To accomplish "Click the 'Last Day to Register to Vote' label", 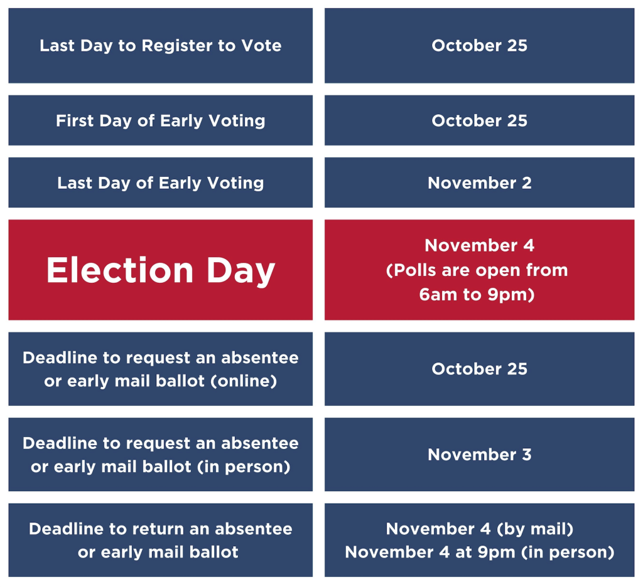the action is (x=160, y=46).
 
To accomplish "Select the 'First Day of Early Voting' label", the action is (x=160, y=121).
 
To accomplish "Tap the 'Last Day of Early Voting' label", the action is (x=160, y=183).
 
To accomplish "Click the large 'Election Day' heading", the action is (x=160, y=271).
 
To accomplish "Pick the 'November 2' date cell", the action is (x=479, y=182).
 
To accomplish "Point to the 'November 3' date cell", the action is (x=479, y=454).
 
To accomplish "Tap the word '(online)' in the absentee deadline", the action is (x=244, y=381).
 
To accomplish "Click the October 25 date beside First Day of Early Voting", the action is (x=479, y=121).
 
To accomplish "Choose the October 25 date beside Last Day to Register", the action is (x=479, y=46).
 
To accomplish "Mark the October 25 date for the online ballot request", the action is (x=479, y=369).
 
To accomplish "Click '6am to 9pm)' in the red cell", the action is (x=477, y=295).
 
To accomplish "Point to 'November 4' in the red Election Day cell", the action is (x=479, y=245).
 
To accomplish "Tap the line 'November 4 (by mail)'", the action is (x=479, y=529).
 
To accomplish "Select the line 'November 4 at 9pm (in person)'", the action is (x=479, y=552).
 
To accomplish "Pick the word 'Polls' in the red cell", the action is (x=410, y=270).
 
